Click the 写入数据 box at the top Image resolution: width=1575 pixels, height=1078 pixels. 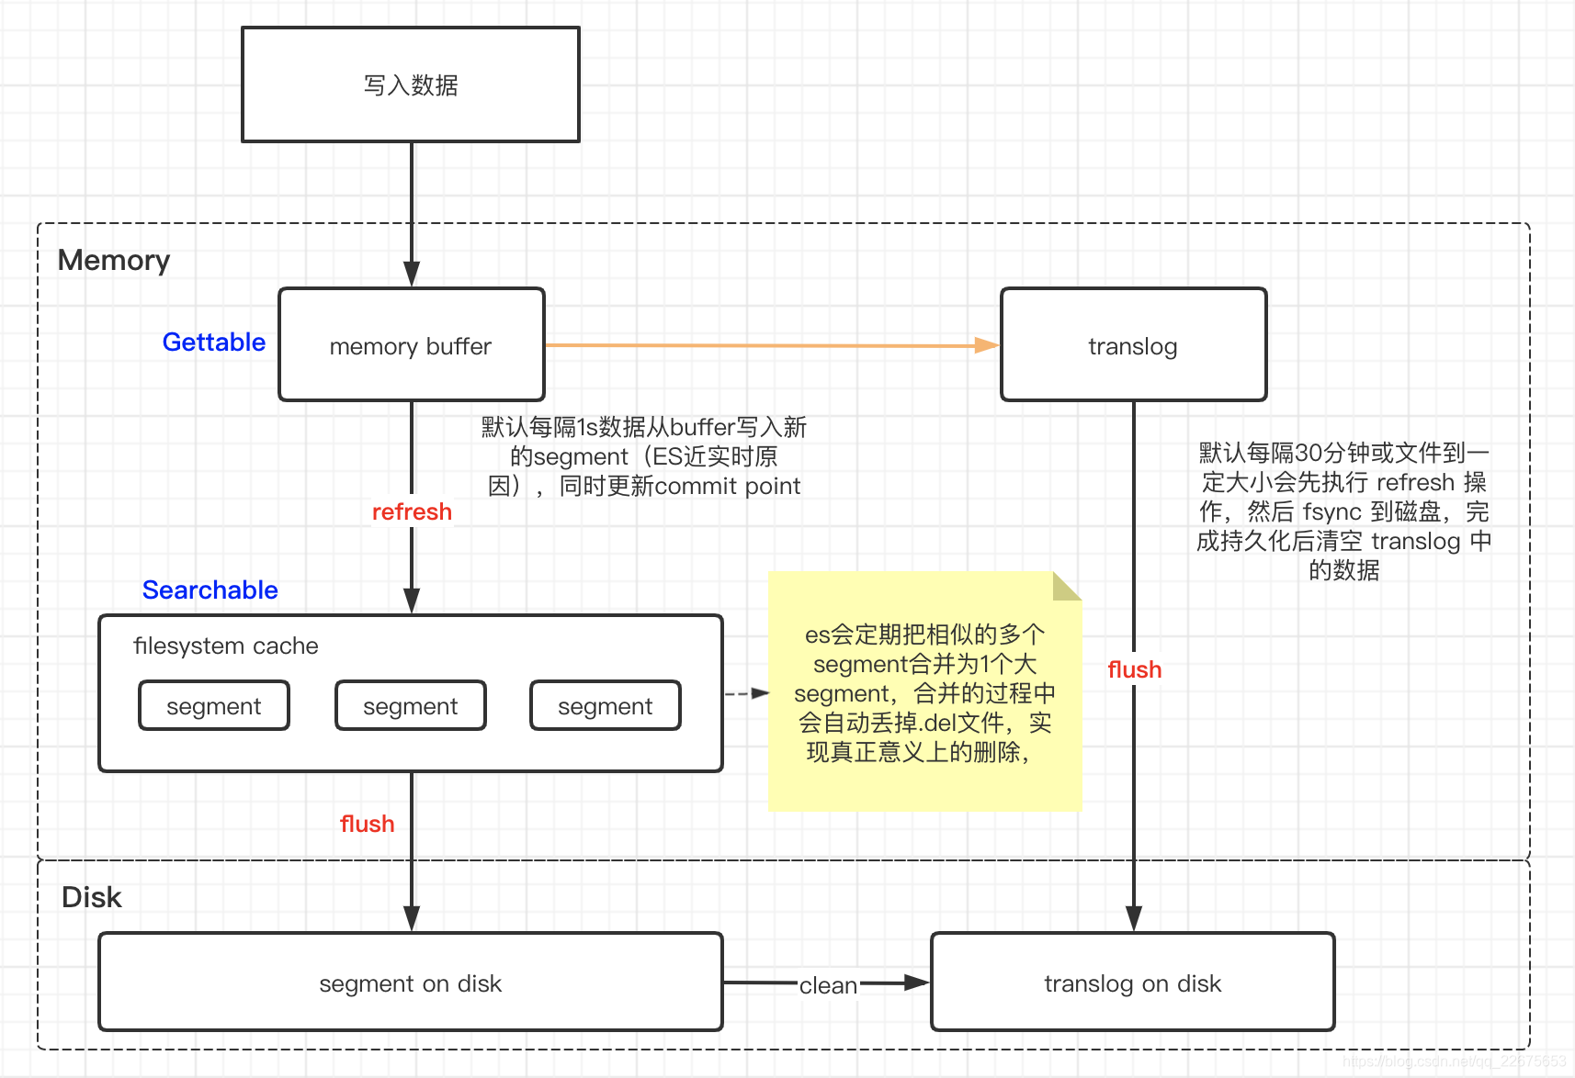411,84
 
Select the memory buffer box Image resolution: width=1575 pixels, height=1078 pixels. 411,345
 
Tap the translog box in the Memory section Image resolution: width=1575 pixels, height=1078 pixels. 1133,345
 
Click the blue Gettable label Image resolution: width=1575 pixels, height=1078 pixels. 213,342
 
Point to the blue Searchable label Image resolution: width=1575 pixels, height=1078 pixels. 210,590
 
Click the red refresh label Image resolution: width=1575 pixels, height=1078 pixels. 412,511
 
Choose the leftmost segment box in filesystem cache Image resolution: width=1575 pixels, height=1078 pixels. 214,706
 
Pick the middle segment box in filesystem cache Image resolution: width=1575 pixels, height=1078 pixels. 411,706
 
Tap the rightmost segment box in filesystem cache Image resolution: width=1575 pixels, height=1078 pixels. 606,706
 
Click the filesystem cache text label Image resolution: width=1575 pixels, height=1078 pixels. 225,646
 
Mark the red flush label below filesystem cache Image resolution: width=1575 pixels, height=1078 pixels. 367,824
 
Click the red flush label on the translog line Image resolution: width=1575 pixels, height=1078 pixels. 1134,669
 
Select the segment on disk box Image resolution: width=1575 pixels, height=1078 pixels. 411,983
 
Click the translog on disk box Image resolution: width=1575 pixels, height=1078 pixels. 1132,983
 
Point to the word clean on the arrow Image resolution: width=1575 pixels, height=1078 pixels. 828,985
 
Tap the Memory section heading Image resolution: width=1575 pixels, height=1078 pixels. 114,260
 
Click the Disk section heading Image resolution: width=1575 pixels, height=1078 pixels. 91,897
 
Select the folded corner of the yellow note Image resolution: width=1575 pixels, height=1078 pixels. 1066,586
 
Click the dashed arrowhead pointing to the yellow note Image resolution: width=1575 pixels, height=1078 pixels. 760,693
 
